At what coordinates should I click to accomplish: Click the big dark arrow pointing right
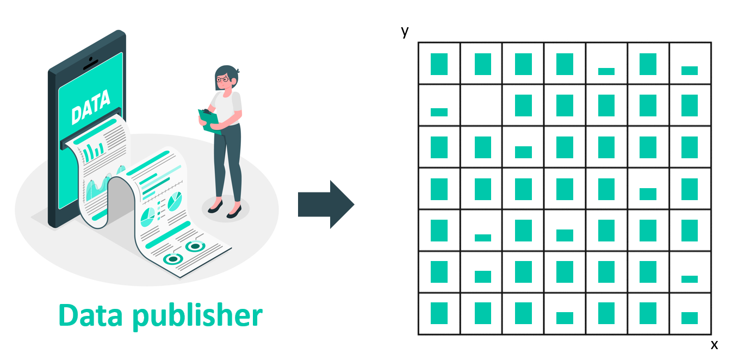click(326, 204)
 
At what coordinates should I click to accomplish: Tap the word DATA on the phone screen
click(90, 107)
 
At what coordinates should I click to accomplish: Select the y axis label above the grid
click(405, 32)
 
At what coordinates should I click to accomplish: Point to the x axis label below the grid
click(714, 344)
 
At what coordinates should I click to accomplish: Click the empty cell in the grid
click(481, 105)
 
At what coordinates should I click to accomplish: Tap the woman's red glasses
click(224, 79)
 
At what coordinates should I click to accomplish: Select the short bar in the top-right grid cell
click(690, 71)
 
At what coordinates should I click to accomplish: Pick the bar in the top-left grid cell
click(439, 64)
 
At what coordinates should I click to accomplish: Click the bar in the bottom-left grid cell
click(439, 314)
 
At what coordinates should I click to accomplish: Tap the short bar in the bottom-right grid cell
click(690, 318)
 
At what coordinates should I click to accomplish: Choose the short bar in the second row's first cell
click(439, 112)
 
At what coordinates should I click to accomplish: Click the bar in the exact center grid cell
click(565, 189)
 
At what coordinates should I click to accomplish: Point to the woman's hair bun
click(237, 71)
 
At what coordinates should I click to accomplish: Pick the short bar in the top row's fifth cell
click(606, 71)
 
